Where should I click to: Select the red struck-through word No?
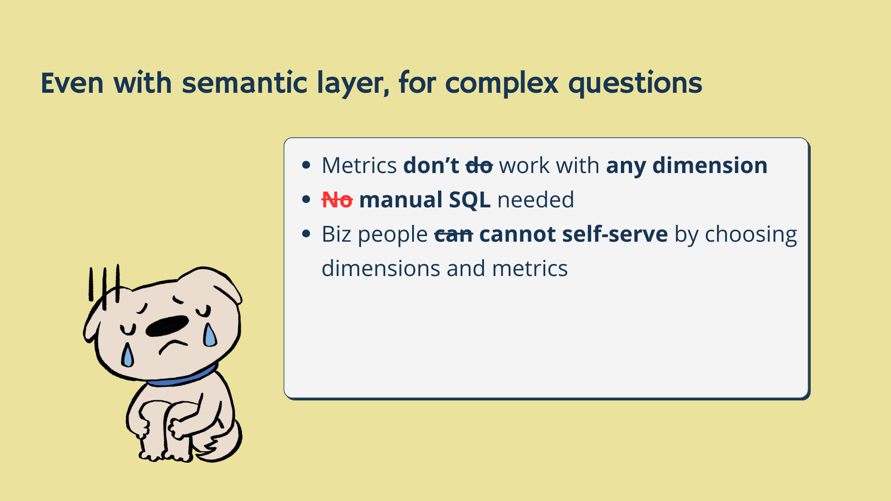point(337,200)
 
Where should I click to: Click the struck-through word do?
point(479,166)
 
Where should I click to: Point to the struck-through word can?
point(453,234)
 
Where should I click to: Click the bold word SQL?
point(470,200)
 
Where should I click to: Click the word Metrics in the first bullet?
point(359,166)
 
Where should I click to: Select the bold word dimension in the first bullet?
point(710,166)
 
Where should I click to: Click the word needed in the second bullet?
point(536,200)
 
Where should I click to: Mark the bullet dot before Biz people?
point(306,233)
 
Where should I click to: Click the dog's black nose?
point(167,326)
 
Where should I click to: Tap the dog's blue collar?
point(181,377)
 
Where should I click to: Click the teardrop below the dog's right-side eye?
point(209,335)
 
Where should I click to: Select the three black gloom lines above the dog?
point(104,285)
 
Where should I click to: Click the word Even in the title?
point(72,83)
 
